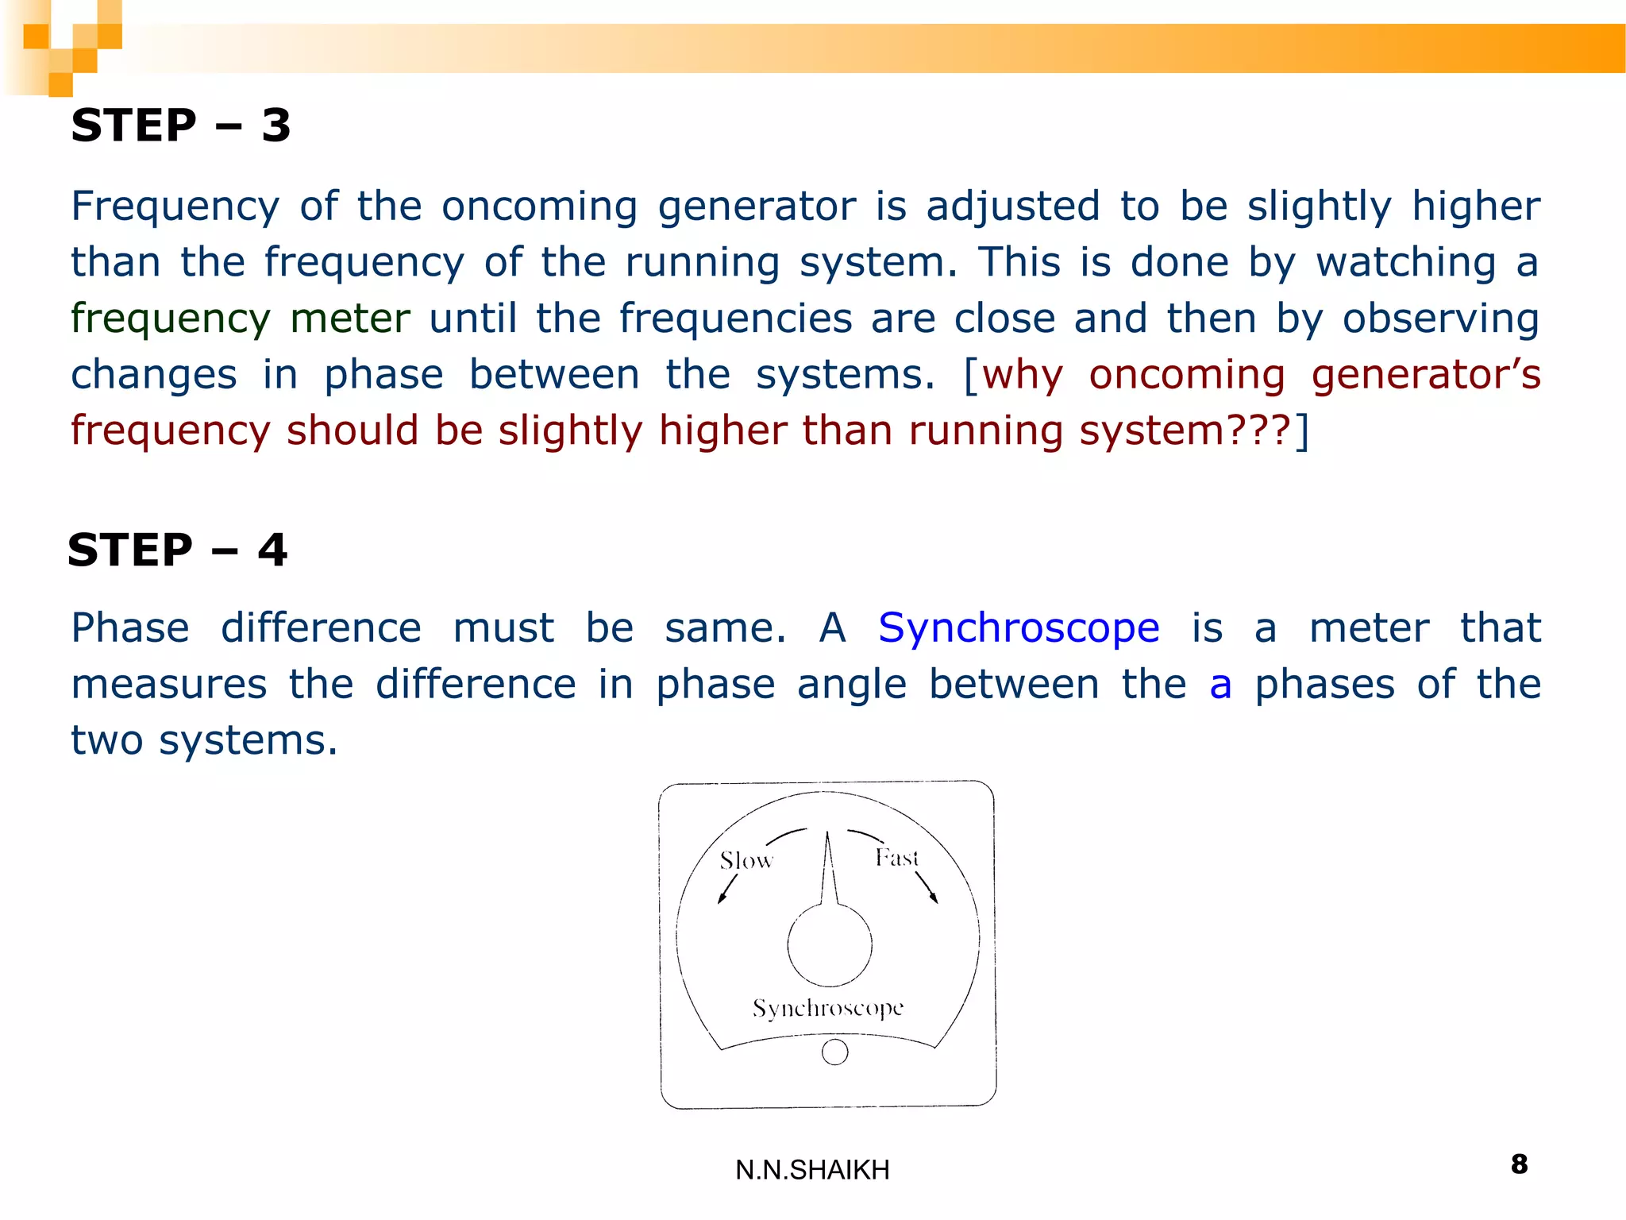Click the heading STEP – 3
(181, 125)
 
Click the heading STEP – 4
(177, 550)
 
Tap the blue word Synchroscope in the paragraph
(1019, 628)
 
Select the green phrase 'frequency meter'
(240, 319)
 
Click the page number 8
(1519, 1164)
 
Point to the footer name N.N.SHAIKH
(812, 1170)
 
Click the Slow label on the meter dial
(746, 860)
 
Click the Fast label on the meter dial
(896, 858)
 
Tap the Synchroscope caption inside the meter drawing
(828, 1008)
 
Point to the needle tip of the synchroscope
(827, 835)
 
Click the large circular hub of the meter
(830, 945)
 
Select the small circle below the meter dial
(834, 1052)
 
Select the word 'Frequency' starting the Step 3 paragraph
(175, 207)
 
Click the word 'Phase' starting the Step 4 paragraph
(130, 628)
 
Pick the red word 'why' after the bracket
(1023, 375)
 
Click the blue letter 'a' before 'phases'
(1220, 685)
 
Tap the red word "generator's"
(1425, 375)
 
